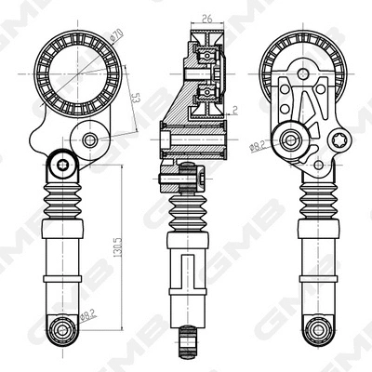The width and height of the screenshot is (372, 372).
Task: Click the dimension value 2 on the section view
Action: (x=237, y=109)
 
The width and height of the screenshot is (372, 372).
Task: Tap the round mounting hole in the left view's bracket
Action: (x=89, y=140)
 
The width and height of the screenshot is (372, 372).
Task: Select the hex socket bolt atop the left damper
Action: (x=62, y=165)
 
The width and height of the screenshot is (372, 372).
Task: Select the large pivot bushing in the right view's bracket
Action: (x=296, y=143)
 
